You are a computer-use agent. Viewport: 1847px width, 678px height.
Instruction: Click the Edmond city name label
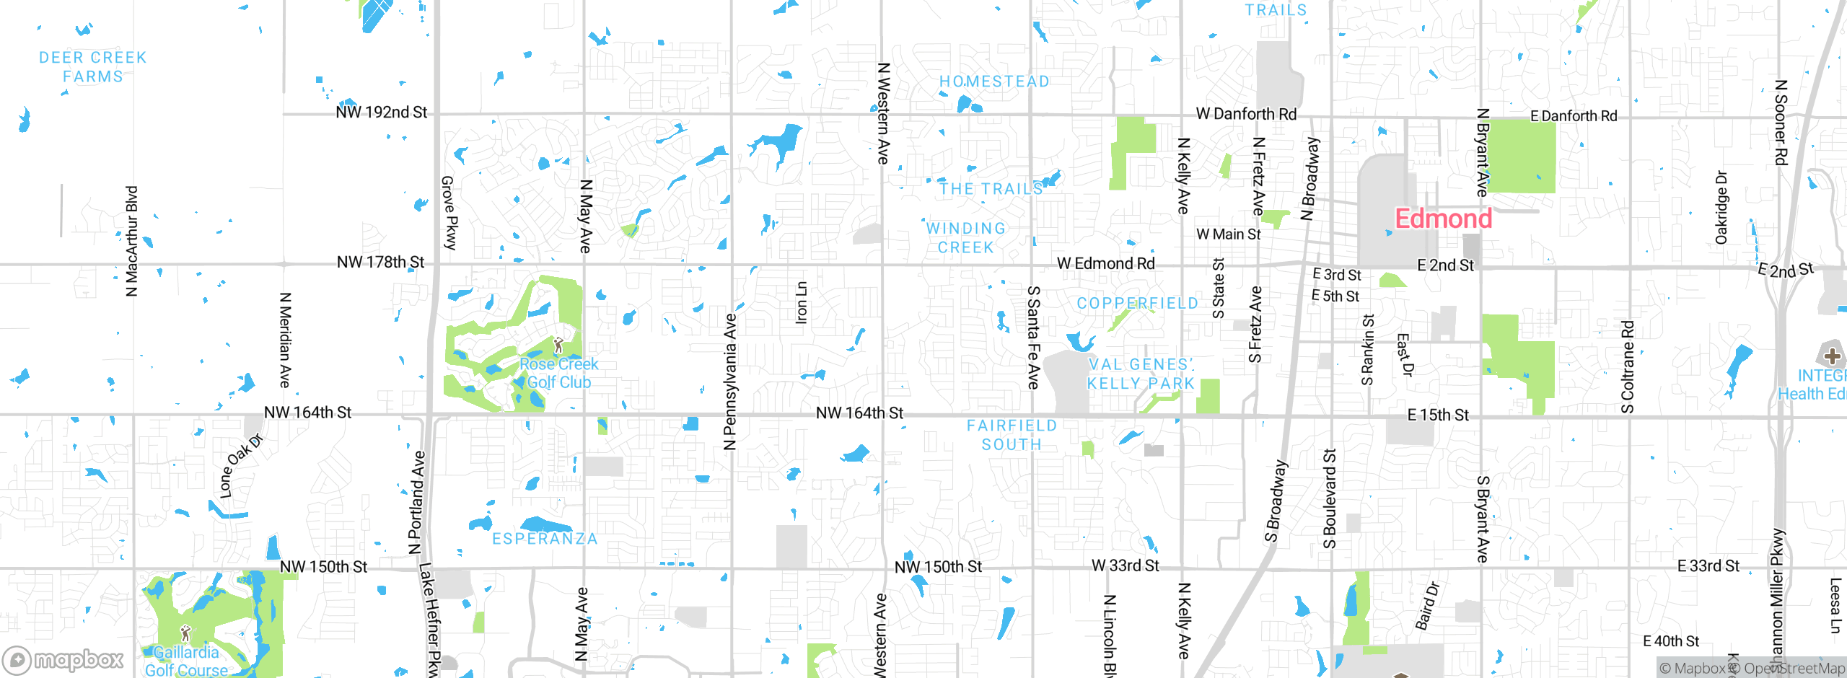[x=1443, y=219]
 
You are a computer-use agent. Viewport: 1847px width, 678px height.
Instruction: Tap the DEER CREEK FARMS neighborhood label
[x=92, y=67]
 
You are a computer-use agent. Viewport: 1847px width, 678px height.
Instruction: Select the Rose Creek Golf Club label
[x=559, y=373]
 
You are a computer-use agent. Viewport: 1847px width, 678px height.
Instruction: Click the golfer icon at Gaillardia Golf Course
[x=185, y=633]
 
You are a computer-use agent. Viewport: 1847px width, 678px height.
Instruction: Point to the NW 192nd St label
[x=381, y=113]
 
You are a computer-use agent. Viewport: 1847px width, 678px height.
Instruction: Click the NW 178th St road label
[x=380, y=263]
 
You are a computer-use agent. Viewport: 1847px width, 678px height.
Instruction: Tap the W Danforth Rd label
[x=1246, y=114]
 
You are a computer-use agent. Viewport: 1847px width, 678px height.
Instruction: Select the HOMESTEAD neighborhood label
[x=994, y=82]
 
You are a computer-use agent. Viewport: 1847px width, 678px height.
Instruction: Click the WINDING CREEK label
[x=965, y=238]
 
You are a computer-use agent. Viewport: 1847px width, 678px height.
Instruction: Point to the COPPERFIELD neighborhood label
[x=1137, y=304]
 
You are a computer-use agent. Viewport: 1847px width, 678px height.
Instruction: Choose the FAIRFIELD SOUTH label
[x=1012, y=436]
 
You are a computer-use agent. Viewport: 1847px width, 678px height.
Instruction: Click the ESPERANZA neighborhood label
[x=545, y=540]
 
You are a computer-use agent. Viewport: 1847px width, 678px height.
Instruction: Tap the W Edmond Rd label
[x=1105, y=264]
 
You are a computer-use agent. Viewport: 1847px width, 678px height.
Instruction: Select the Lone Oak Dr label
[x=240, y=466]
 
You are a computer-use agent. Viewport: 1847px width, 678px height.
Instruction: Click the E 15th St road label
[x=1438, y=415]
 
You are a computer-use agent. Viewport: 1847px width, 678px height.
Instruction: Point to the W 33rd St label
[x=1125, y=566]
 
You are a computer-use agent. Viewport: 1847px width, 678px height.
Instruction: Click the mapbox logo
[x=63, y=659]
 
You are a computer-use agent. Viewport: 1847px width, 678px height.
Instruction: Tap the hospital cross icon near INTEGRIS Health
[x=1832, y=356]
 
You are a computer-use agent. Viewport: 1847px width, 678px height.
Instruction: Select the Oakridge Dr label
[x=1721, y=208]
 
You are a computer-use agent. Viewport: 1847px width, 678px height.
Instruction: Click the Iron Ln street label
[x=801, y=303]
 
